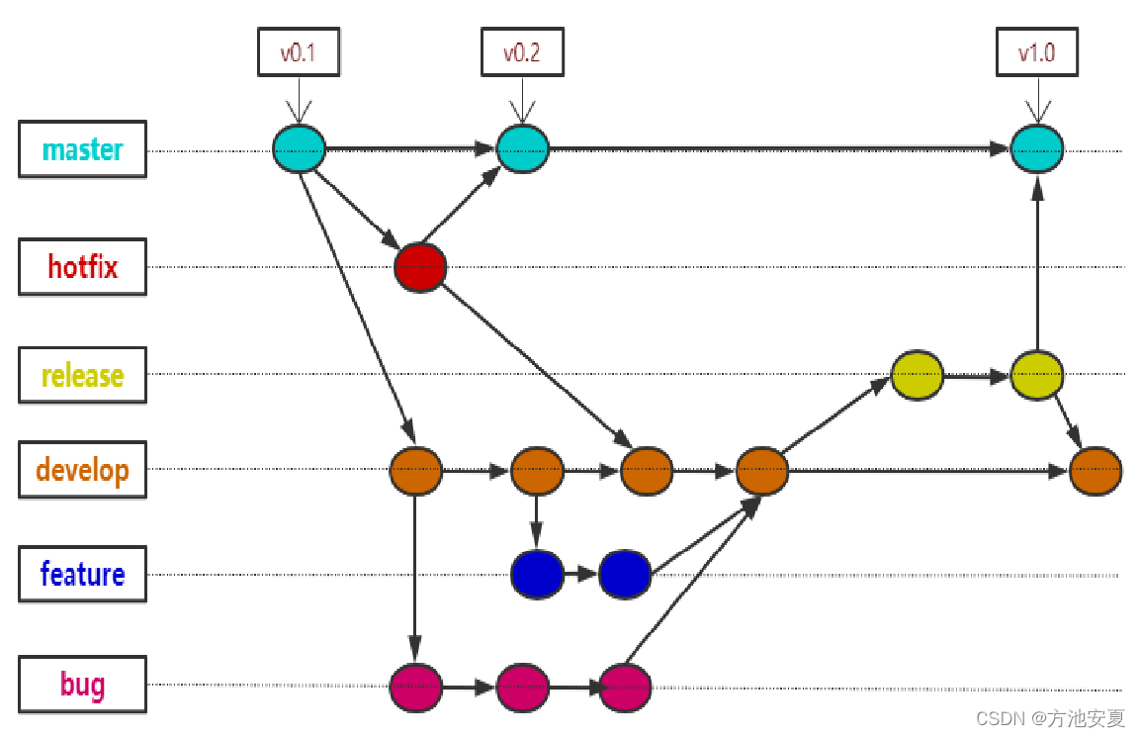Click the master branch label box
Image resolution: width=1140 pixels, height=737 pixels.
click(82, 149)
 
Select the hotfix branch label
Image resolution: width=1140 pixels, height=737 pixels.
click(82, 266)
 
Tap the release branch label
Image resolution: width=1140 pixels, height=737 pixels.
click(82, 375)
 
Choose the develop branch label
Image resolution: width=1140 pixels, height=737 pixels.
click(82, 469)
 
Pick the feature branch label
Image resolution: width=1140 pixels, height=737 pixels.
click(82, 574)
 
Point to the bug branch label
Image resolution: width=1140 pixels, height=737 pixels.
click(82, 684)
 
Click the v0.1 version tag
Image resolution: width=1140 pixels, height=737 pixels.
click(298, 52)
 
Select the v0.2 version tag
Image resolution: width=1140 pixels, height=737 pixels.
click(522, 52)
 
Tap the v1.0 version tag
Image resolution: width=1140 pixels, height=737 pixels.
click(1036, 52)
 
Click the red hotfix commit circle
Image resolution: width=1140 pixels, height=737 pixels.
click(420, 267)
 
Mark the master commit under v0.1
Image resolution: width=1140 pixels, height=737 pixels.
click(299, 149)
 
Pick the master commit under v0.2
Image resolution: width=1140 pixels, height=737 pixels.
click(522, 149)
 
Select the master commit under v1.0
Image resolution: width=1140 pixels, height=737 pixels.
click(1036, 149)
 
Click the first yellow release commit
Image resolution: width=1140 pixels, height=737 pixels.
click(917, 375)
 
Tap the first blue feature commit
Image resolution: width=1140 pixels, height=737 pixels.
click(537, 574)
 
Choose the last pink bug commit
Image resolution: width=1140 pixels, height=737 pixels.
click(625, 687)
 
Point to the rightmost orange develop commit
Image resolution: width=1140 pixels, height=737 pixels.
click(1096, 471)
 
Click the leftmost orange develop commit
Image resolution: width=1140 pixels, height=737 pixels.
click(416, 471)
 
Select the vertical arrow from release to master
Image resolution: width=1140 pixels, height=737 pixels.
click(1036, 267)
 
